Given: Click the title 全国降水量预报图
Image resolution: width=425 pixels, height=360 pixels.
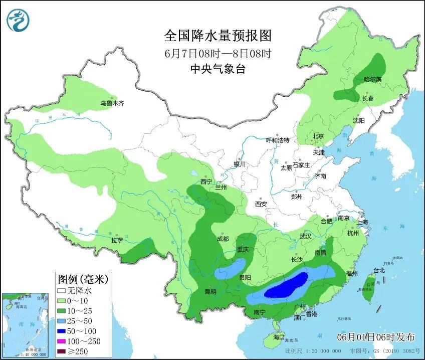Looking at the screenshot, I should tap(218, 36).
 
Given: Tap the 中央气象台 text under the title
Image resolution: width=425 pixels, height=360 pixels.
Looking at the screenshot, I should tap(218, 69).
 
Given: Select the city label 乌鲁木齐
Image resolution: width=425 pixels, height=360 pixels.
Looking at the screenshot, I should tap(111, 103).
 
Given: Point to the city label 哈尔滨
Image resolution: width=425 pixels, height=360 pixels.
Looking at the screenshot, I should tap(372, 80).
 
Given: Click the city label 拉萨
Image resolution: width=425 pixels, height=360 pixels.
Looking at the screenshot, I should tap(117, 240).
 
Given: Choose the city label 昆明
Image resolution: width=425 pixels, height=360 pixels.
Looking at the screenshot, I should tap(210, 291).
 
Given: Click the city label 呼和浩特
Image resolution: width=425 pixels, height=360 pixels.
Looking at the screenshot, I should tap(277, 140).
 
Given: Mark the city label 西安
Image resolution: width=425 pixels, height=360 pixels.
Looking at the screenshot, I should tap(261, 204).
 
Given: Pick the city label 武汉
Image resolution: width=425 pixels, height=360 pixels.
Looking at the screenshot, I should tap(305, 236).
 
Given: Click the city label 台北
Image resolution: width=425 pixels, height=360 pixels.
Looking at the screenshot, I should tap(379, 270).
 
